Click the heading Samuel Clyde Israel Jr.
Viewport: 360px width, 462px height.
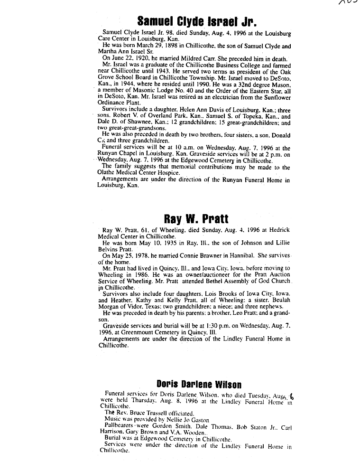[196, 21]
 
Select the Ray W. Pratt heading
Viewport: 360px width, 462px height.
[196, 219]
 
